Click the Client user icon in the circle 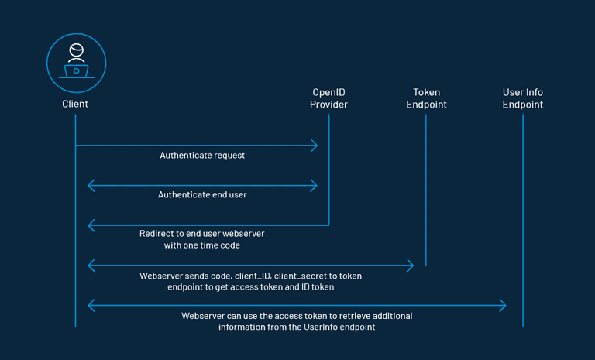pos(75,60)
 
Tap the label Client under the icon pos(75,104)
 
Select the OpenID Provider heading pos(328,98)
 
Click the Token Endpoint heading pos(426,98)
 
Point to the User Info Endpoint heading pos(523,98)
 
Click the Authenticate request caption pos(202,155)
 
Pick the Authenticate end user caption pos(202,195)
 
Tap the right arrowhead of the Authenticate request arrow pos(314,146)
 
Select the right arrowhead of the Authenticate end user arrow pos(314,186)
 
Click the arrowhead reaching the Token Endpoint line pos(410,266)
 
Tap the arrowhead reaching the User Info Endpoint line pos(503,306)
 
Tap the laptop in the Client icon pos(76,71)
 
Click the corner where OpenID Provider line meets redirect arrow pos(328,225)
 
